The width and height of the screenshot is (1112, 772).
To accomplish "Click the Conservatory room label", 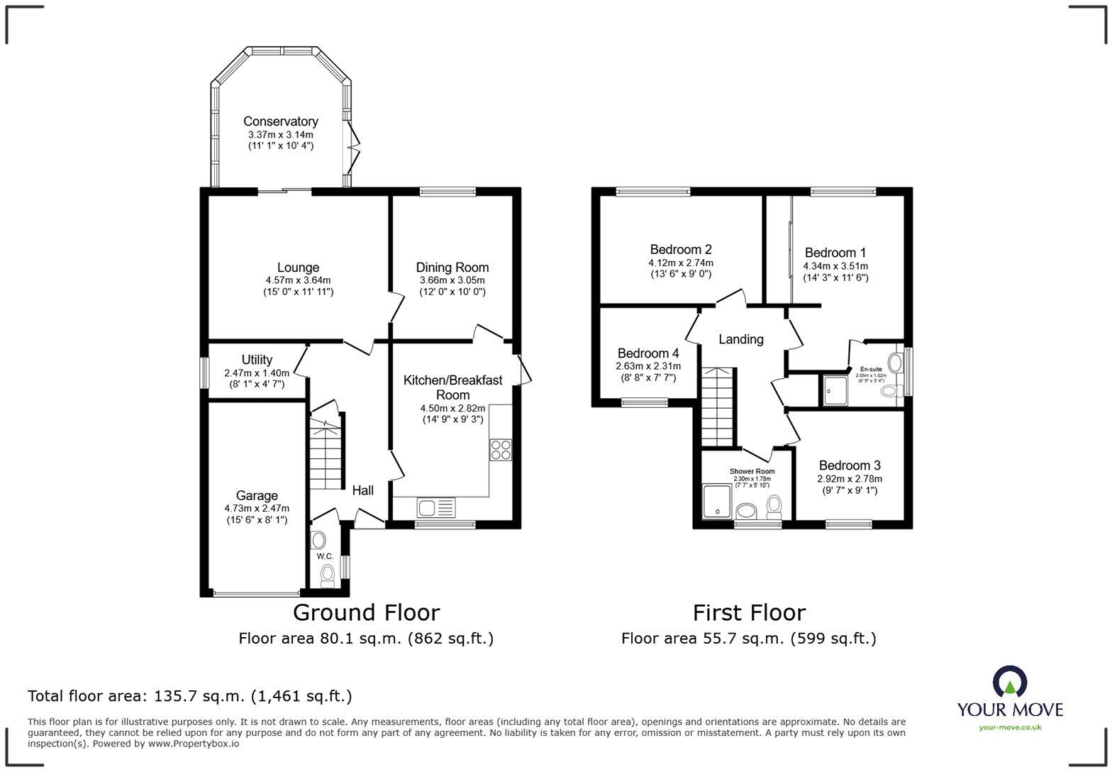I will [x=281, y=121].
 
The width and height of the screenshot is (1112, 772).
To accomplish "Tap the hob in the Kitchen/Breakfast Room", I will [x=500, y=450].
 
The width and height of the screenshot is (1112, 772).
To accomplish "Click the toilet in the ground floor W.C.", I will [x=328, y=575].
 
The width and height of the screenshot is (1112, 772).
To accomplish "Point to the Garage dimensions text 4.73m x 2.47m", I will [x=257, y=508].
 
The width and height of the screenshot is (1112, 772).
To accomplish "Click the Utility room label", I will [x=257, y=360].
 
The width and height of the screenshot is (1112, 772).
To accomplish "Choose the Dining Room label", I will [x=452, y=268].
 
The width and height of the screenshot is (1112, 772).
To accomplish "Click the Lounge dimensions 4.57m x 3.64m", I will [x=298, y=280].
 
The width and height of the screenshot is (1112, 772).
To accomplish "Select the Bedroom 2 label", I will [x=681, y=249].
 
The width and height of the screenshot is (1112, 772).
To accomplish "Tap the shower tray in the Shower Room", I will [x=717, y=501].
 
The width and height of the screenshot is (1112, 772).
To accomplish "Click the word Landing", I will [x=741, y=339].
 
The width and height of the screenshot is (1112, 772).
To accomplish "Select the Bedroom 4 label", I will [x=648, y=353].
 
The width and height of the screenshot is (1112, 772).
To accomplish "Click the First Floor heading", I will [x=749, y=612].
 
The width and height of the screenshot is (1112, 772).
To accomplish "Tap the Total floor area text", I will [x=190, y=695].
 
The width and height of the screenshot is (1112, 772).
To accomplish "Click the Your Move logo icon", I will [x=1010, y=681].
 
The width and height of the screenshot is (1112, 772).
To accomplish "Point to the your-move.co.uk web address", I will [x=1010, y=727].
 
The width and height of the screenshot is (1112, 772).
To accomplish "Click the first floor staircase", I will [x=718, y=408].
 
